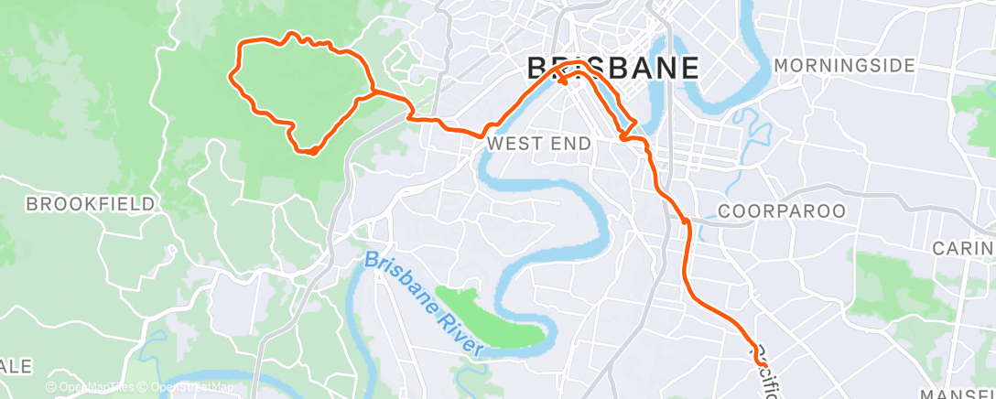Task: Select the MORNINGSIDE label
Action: click(844, 66)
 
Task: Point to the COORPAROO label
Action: click(782, 211)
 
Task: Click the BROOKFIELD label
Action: click(91, 204)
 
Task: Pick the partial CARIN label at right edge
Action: click(963, 248)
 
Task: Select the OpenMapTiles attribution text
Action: click(90, 388)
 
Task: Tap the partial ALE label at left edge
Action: click(16, 366)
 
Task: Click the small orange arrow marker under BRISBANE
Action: click(563, 81)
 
